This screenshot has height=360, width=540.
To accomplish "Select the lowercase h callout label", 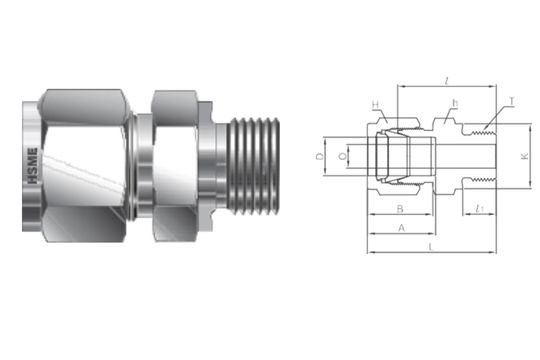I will point(454,102).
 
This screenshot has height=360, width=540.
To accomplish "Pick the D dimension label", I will point(319,157).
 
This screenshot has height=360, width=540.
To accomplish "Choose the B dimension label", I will point(399,210).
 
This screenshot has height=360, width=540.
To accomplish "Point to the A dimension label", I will point(402,228).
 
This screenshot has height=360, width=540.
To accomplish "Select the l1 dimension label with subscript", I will point(480,209).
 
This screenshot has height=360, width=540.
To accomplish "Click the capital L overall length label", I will point(430,246).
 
